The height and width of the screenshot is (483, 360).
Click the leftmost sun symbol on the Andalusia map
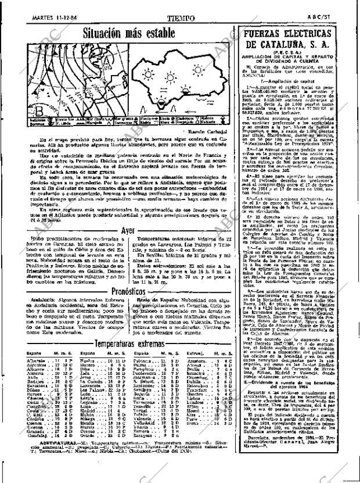pos(151,75)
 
